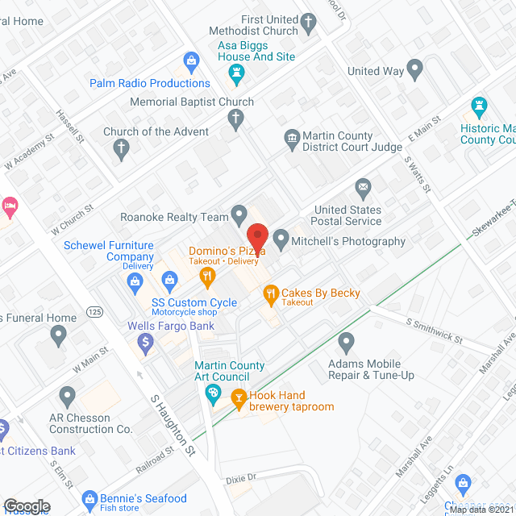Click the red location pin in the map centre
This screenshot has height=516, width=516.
coord(257,235)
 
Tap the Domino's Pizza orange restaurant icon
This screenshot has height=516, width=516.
coord(208,277)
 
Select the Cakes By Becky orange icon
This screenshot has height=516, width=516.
coord(270,294)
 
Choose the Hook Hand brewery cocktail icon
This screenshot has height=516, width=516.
coord(239,397)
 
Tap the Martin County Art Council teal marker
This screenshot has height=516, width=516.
coord(214,394)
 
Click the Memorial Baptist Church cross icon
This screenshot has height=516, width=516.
coord(235,120)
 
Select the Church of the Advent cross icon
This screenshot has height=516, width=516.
coord(121,148)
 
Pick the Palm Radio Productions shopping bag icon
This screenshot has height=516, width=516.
coord(191,60)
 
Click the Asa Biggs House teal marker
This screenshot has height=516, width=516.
coord(236,76)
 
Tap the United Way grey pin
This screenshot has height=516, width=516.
coord(416,70)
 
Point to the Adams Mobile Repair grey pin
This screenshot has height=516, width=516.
coord(347,343)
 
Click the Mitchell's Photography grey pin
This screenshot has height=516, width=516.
coord(281,239)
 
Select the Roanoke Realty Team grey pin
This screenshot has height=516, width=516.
coord(239,215)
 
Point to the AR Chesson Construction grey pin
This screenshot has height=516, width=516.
coord(67,396)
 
